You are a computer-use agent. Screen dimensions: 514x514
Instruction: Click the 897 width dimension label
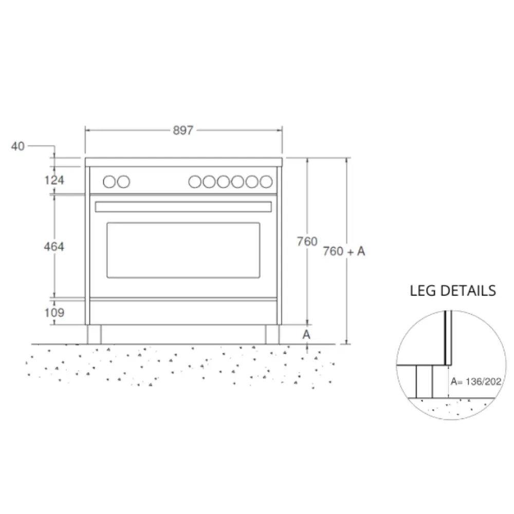(x=183, y=131)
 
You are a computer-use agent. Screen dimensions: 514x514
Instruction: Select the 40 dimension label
(x=17, y=146)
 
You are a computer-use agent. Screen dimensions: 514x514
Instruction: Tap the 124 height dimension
(x=54, y=180)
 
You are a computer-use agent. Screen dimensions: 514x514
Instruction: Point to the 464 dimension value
(x=54, y=247)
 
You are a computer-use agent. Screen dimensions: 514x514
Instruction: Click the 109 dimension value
(x=54, y=313)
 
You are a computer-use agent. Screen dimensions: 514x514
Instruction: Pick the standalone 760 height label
(x=307, y=242)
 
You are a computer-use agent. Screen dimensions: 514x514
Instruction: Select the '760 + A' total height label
(x=344, y=251)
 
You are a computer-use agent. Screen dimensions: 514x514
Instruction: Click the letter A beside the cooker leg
(x=306, y=335)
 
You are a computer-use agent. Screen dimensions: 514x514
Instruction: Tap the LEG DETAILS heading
(x=453, y=291)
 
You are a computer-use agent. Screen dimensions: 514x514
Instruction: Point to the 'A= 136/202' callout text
(x=476, y=381)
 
